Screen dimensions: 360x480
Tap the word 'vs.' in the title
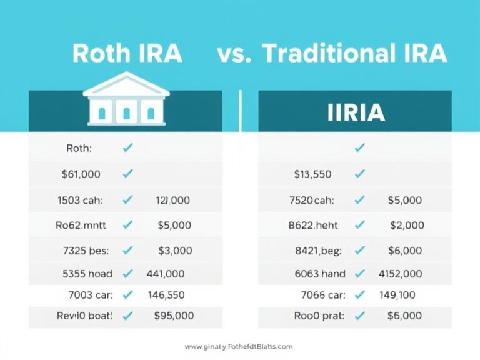[235, 53]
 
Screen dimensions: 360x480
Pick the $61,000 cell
[81, 174]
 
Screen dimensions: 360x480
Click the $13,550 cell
[312, 174]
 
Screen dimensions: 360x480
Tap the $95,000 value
[174, 316]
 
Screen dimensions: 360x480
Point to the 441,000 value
[166, 274]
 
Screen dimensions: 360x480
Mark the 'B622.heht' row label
[313, 225]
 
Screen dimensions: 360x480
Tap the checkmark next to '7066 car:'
[359, 294]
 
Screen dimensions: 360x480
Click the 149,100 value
[397, 294]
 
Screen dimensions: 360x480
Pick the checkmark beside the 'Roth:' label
[128, 148]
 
